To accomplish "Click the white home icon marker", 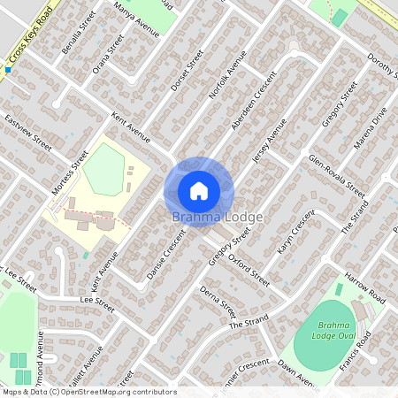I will click(199, 191).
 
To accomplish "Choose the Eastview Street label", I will click(28, 130).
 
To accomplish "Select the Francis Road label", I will click(381, 349).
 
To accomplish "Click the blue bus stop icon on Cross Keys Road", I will click(8, 69).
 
